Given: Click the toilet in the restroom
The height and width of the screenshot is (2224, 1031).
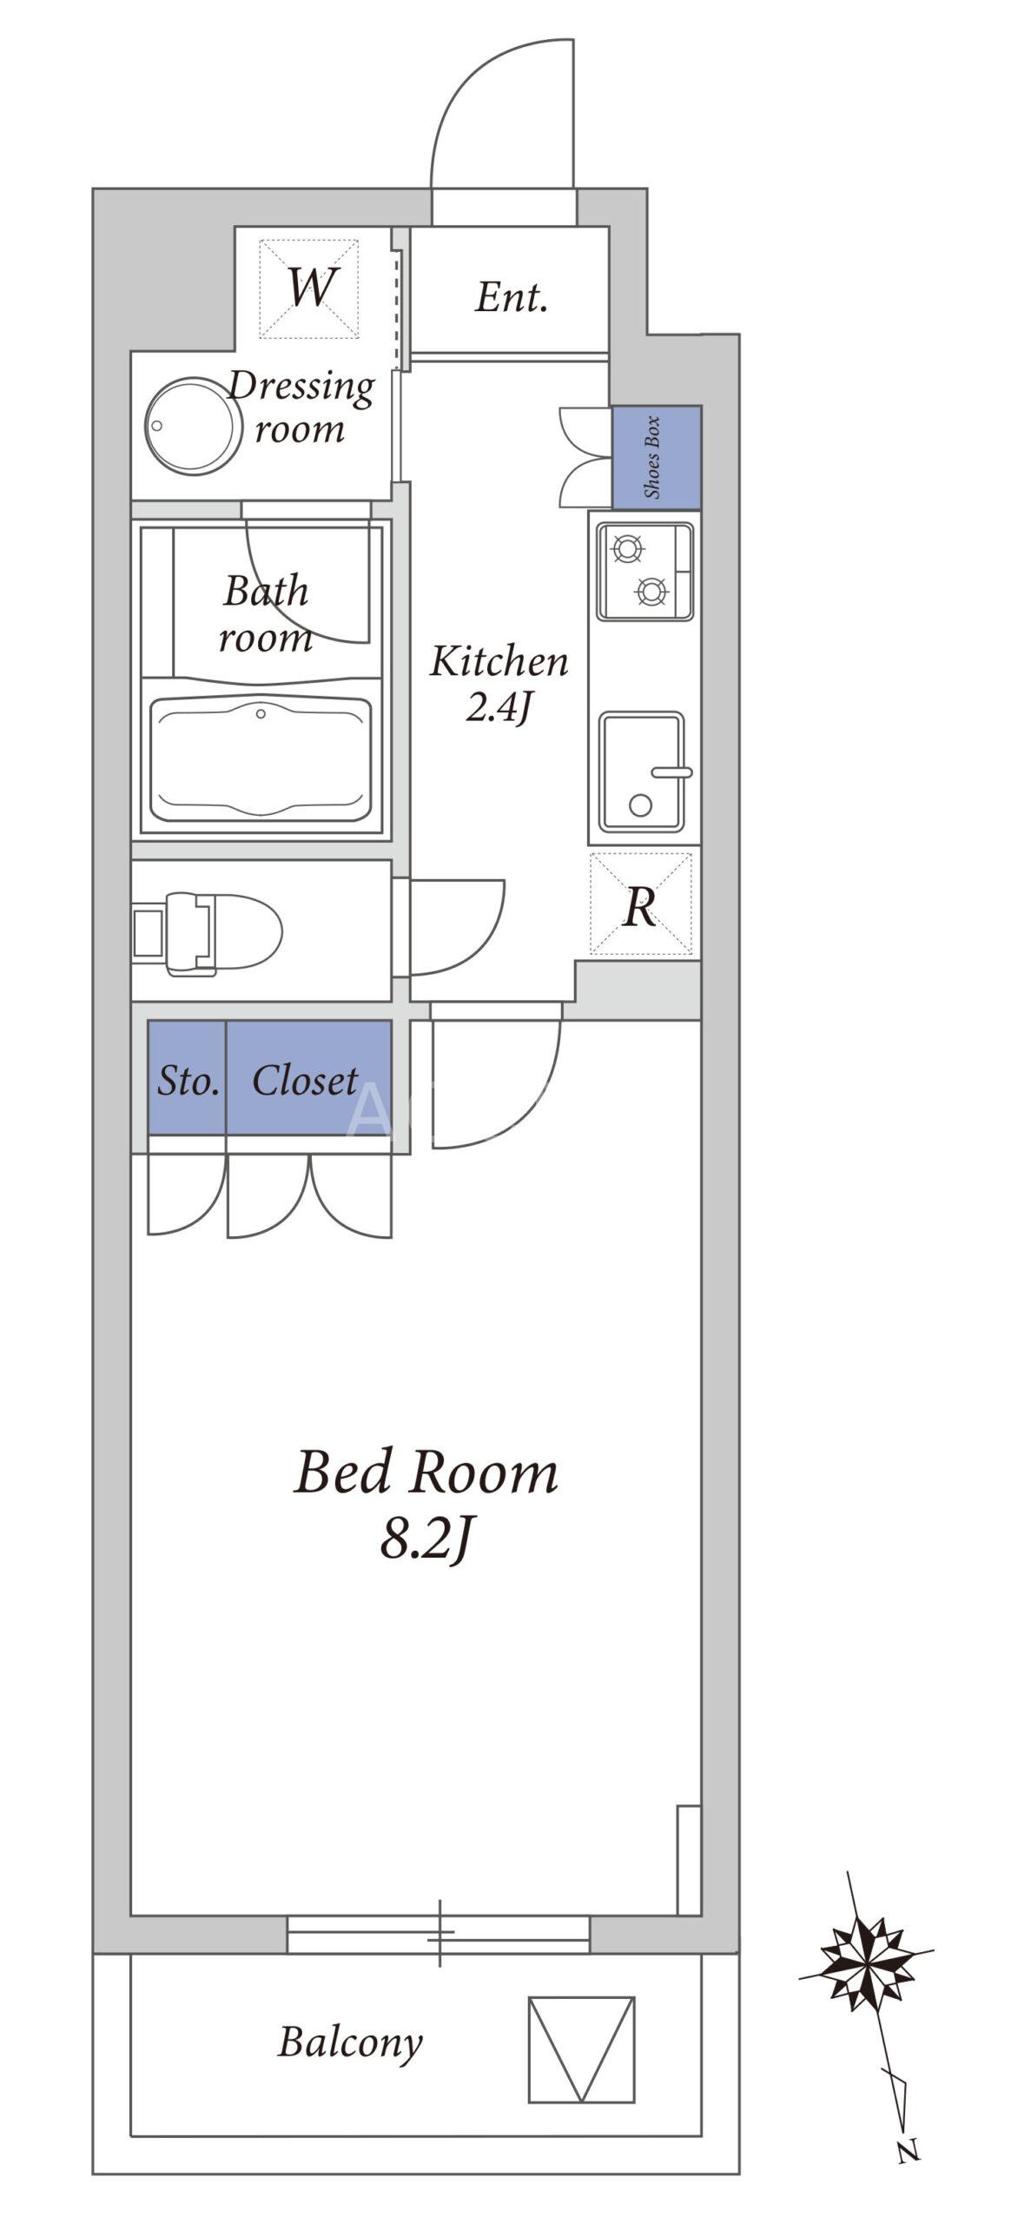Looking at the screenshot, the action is point(207,933).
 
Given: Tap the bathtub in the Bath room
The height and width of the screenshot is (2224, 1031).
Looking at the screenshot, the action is point(261,758).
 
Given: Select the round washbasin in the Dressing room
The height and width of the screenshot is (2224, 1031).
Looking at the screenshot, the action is point(193,426).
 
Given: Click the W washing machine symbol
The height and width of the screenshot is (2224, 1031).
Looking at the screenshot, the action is point(309,288).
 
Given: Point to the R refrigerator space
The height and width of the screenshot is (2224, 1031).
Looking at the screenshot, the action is point(640,903).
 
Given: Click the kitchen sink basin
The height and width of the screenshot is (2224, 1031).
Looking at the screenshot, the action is point(643,771).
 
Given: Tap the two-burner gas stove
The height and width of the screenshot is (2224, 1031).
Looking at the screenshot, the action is point(644,572).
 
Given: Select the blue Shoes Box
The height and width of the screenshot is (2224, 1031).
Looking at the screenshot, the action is point(656,457).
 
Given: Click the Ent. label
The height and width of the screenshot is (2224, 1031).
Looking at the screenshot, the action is point(512,297).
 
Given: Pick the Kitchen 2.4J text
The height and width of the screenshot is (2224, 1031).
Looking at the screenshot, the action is point(499,683).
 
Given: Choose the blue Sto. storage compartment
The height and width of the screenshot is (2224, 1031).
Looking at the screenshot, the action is point(187,1077).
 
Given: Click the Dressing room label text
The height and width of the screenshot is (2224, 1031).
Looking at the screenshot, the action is point(301,407).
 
